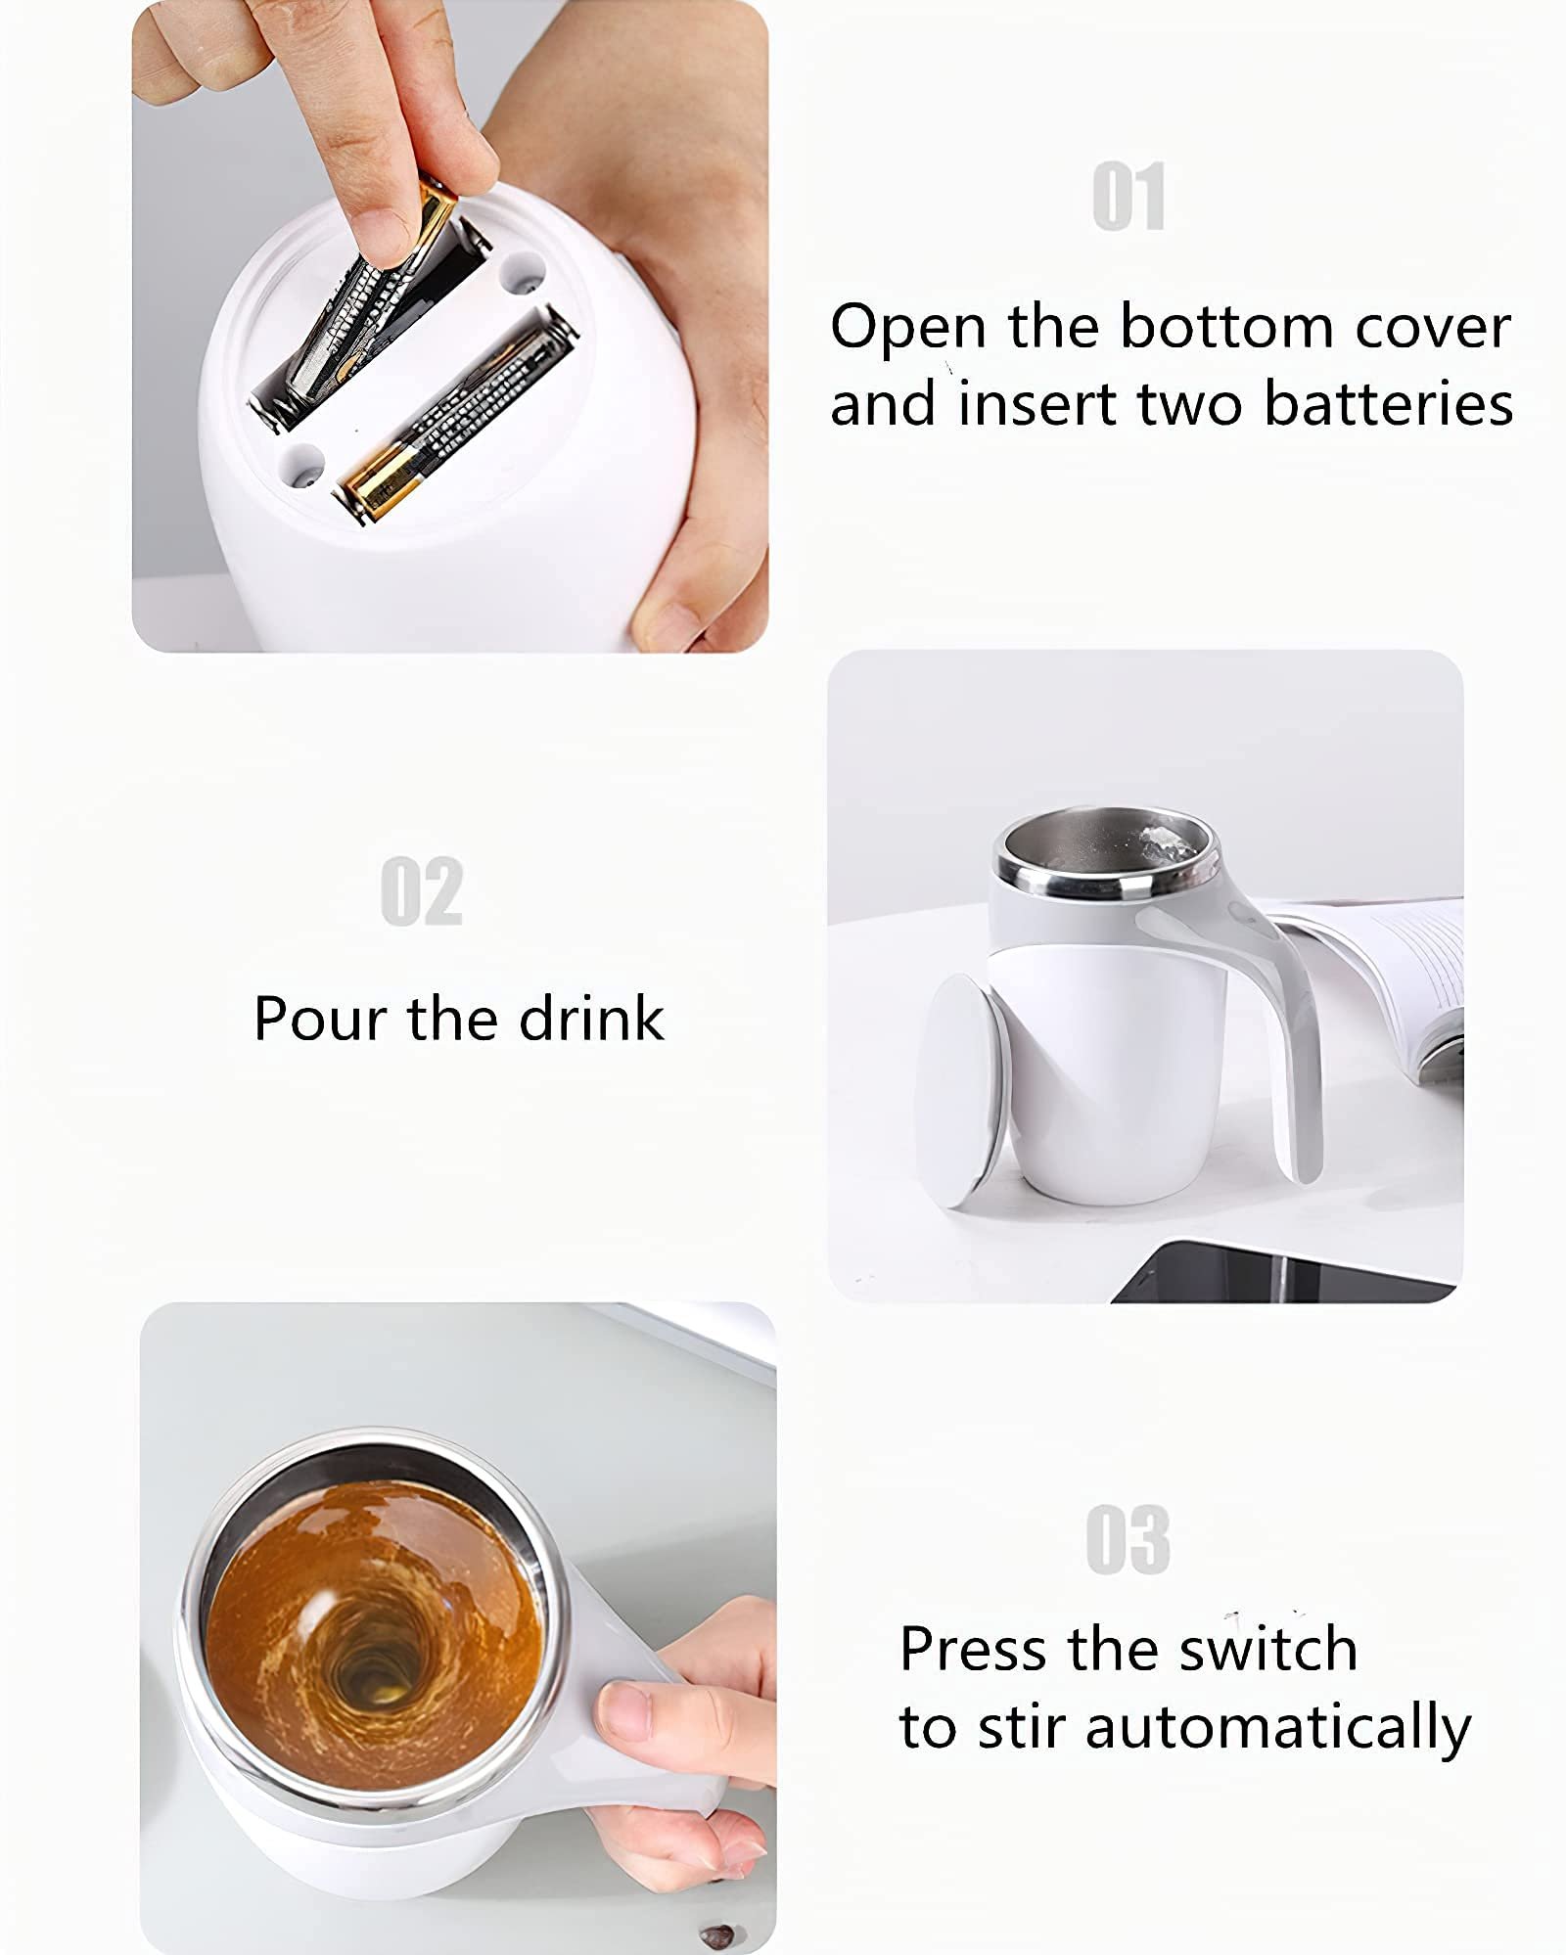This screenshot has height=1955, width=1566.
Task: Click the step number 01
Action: click(x=1128, y=198)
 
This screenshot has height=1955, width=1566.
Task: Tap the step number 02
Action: click(x=421, y=891)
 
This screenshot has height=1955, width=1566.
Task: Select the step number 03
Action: click(x=1128, y=1539)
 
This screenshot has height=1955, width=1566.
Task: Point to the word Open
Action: click(x=907, y=328)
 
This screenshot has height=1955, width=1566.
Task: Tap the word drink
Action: click(x=591, y=1019)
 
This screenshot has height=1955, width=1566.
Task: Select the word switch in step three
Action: click(x=1267, y=1649)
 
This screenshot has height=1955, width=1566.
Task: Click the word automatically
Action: click(x=1277, y=1728)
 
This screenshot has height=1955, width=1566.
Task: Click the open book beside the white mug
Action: click(x=1400, y=969)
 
